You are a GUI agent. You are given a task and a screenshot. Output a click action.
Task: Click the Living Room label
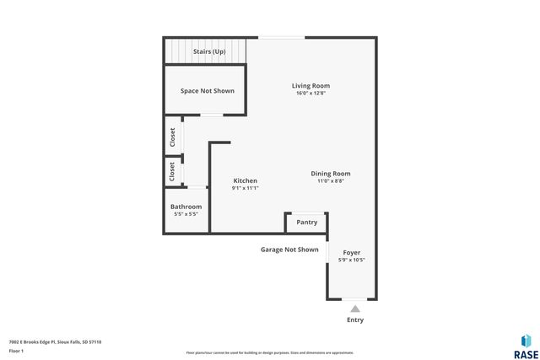[310, 85]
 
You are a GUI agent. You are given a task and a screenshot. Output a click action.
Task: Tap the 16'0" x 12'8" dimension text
[310, 93]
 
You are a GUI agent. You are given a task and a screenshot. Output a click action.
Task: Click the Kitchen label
[245, 180]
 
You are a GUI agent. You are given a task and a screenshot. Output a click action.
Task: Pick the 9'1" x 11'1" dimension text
[245, 188]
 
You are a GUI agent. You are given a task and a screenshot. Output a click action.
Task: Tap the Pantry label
[306, 223]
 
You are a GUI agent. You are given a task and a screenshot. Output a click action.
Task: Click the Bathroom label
[186, 207]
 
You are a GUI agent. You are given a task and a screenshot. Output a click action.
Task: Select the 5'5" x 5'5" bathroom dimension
[186, 214]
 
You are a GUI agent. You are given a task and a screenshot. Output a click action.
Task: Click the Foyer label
[351, 252]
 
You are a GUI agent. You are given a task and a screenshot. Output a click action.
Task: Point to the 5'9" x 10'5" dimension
[351, 260]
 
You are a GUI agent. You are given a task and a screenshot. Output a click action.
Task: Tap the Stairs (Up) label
[208, 51]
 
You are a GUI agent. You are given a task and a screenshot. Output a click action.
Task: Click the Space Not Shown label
[207, 90]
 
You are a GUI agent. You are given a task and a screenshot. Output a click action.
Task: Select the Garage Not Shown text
[289, 250]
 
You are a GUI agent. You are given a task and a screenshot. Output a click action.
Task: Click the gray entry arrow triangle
[355, 309]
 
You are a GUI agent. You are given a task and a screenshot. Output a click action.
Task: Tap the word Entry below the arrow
[355, 320]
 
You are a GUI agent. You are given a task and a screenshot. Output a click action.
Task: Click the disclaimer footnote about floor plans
[269, 352]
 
